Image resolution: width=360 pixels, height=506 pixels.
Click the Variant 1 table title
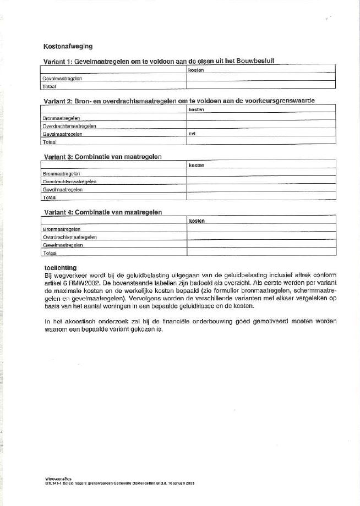(x=159, y=62)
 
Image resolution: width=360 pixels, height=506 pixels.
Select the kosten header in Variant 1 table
(x=196, y=71)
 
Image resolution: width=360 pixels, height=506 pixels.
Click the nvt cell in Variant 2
(x=192, y=134)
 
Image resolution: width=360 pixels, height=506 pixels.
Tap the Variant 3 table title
(x=102, y=157)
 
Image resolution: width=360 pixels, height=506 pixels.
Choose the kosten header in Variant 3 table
(x=197, y=165)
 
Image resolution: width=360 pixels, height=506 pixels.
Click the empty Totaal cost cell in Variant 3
(x=260, y=196)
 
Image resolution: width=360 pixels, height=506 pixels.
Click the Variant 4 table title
(x=102, y=212)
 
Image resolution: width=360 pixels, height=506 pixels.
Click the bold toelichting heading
(x=59, y=267)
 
